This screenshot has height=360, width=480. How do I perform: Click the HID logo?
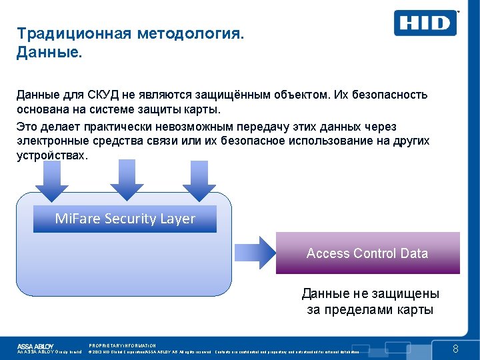(x=425, y=23)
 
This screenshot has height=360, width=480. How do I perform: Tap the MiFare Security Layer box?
(x=125, y=219)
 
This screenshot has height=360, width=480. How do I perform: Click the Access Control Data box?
(x=367, y=253)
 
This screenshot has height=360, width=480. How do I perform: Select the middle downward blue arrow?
(x=122, y=179)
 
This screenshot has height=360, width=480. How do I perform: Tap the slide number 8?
(x=456, y=349)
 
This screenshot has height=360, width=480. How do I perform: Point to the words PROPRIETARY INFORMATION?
(x=122, y=345)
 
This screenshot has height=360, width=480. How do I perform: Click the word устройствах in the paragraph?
(x=51, y=155)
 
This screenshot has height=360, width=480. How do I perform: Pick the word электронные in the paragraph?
(x=53, y=141)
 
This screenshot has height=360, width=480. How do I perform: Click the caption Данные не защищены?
(x=370, y=294)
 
